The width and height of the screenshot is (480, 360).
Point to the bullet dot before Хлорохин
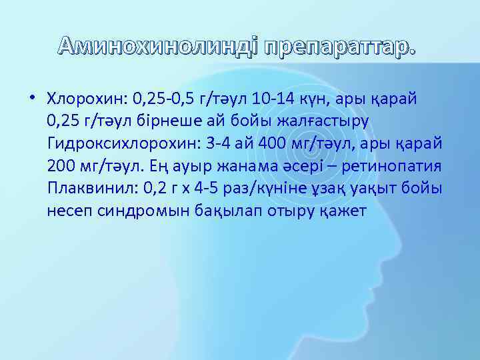click(32, 99)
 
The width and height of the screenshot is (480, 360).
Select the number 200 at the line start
click(61, 166)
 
